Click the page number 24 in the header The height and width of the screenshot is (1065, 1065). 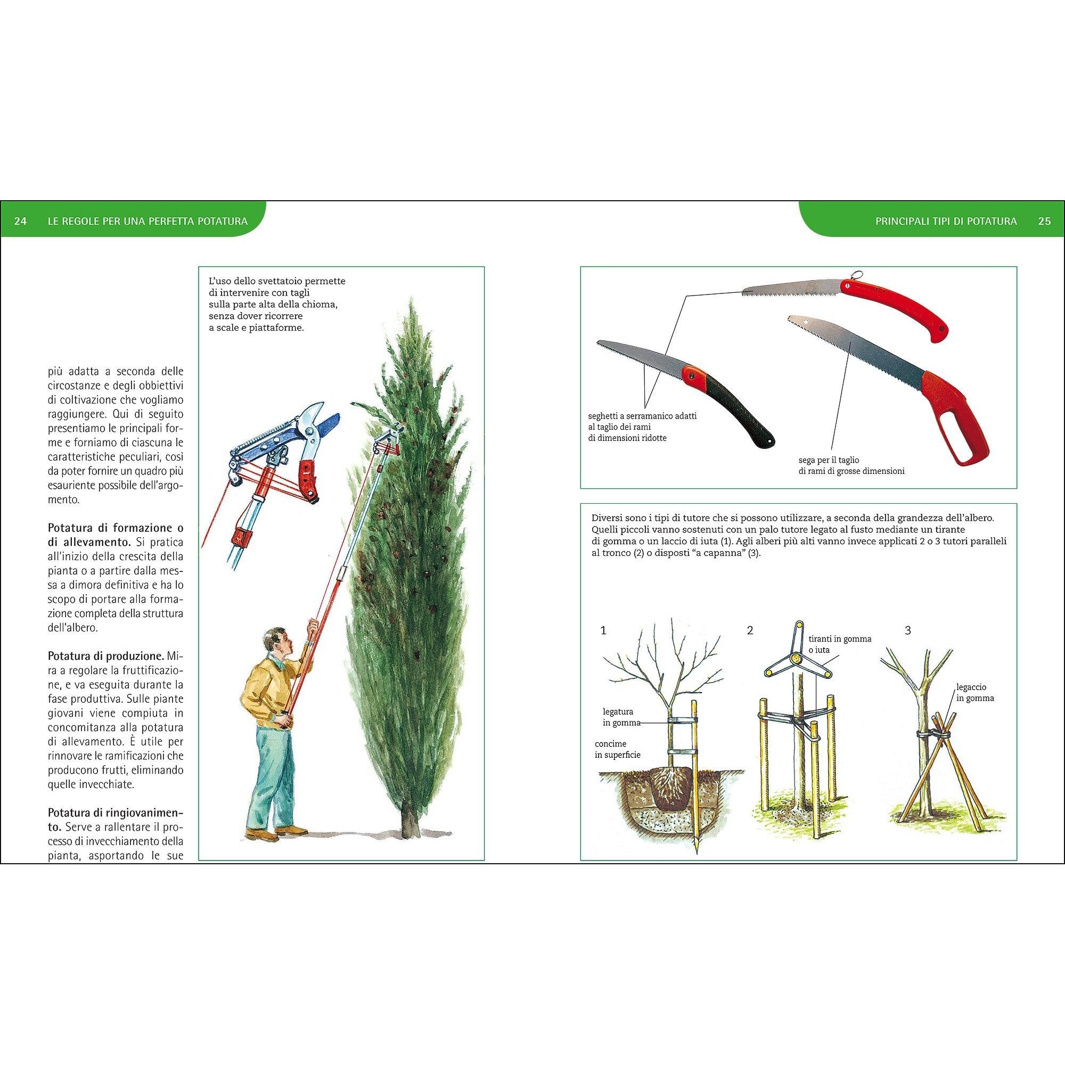pos(20,222)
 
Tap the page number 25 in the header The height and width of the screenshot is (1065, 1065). pos(1044,222)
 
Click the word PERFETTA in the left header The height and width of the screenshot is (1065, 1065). pos(169,222)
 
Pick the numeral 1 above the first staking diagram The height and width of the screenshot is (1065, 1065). pos(604,630)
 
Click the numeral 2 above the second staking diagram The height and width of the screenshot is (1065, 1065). pos(750,630)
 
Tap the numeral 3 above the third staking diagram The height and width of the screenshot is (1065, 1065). pos(908,630)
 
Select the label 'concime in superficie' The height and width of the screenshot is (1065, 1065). pos(617,749)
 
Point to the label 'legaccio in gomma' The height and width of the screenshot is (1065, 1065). pos(976,693)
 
